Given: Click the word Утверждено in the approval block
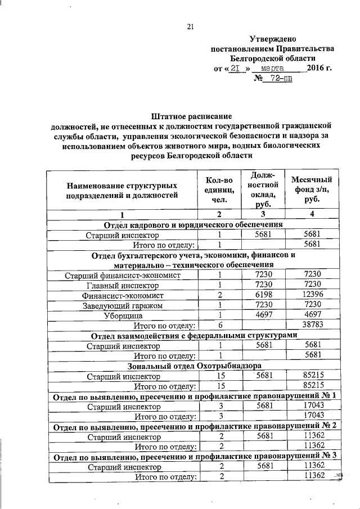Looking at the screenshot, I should (273, 39).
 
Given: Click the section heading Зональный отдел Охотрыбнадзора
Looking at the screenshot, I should (190, 366).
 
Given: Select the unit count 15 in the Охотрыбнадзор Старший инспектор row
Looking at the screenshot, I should (221, 376).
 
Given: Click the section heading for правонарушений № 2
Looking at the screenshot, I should (194, 426).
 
